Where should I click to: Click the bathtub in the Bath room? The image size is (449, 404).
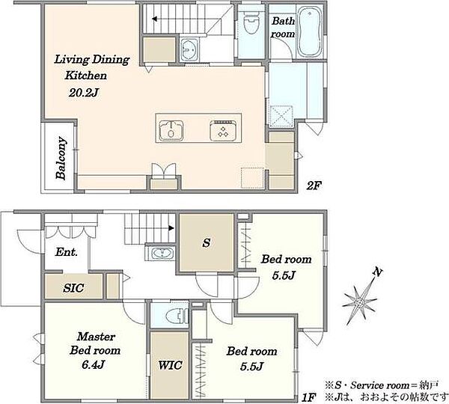pos(309,31)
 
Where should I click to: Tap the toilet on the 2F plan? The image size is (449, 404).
pos(251,22)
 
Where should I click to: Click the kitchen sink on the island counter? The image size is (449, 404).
pos(171,131)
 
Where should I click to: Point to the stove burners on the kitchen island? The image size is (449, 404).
pos(223,131)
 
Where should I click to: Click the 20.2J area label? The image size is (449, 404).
pos(84,93)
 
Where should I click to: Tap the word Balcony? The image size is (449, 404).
pos(61,159)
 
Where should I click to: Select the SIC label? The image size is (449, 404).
pos(73,288)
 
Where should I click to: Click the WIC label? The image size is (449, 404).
pos(170,365)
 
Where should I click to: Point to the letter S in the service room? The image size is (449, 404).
pos(207,243)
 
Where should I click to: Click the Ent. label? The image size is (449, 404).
pos(66,252)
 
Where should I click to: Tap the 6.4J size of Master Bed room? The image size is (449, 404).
pos(93,365)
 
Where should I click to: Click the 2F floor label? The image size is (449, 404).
pos(314,186)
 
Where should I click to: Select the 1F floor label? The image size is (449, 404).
pos(309,397)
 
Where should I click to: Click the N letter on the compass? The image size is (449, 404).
pos(378,272)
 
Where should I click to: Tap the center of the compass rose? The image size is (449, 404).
pos(359,302)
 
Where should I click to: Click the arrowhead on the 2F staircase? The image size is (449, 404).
pos(155,19)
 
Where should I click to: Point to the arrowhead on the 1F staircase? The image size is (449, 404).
pos(171,228)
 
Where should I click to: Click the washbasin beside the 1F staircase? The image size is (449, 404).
pos(162,254)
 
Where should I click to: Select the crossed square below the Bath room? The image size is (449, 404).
pos(281,116)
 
